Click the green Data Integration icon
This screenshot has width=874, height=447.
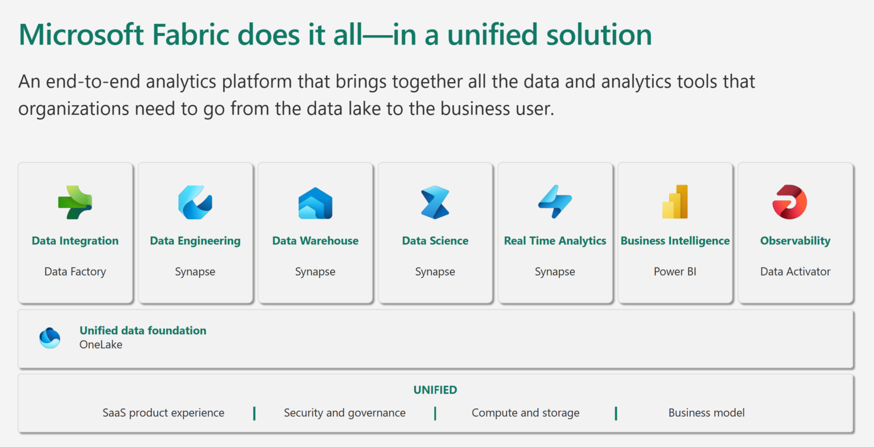pos(75,202)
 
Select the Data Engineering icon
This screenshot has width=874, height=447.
pos(195,202)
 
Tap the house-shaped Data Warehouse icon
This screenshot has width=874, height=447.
pos(315,203)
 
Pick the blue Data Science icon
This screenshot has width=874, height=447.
pos(435,202)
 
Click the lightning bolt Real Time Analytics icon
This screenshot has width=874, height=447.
pos(555,202)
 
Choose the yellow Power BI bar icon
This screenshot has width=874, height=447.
pos(675,202)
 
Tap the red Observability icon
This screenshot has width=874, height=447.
pos(790,202)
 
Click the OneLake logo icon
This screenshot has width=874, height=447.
pos(50,338)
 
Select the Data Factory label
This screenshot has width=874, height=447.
pos(75,272)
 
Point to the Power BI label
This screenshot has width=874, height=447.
pos(675,272)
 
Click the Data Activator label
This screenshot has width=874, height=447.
pos(795,272)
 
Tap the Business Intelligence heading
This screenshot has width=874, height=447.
pos(675,241)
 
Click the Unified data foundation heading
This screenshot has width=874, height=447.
pos(143,330)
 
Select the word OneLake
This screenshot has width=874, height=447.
pos(101,345)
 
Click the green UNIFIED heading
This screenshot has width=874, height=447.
pos(435,390)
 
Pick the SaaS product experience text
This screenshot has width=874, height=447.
pos(163,413)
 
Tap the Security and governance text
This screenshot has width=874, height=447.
pos(345,413)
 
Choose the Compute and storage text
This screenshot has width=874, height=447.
pos(525,413)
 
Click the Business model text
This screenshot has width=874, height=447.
pos(706,413)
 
